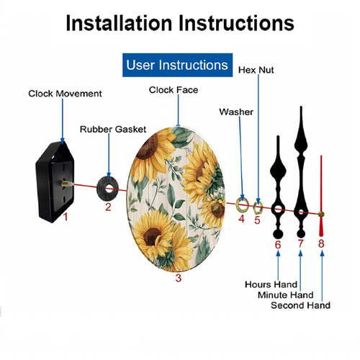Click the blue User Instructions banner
pyautogui.click(x=177, y=65)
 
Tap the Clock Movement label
pyautogui.click(x=65, y=94)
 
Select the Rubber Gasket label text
pyautogui.click(x=113, y=130)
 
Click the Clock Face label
pyautogui.click(x=174, y=90)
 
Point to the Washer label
pyautogui.click(x=236, y=112)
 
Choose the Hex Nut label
pyautogui.click(x=256, y=70)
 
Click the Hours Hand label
pyautogui.click(x=271, y=284)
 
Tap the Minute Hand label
pyautogui.click(x=286, y=295)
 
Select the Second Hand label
pyautogui.click(x=300, y=305)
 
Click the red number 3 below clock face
pyautogui.click(x=179, y=278)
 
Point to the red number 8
pyautogui.click(x=321, y=243)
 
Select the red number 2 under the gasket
pyautogui.click(x=108, y=207)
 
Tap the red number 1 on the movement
pyautogui.click(x=66, y=217)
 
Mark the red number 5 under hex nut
pyautogui.click(x=257, y=220)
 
